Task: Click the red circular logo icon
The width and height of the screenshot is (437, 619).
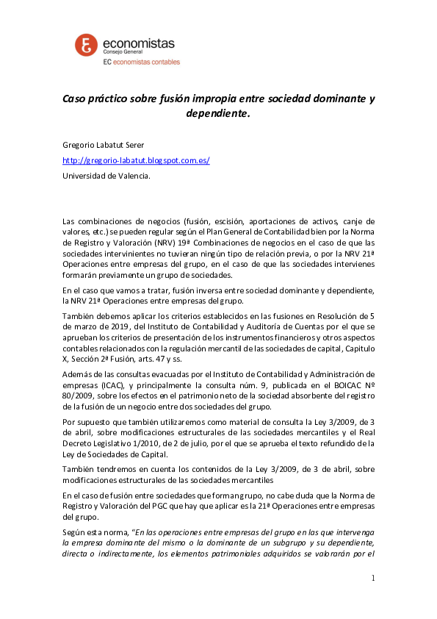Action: (87, 46)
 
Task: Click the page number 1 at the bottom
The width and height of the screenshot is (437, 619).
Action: (373, 578)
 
